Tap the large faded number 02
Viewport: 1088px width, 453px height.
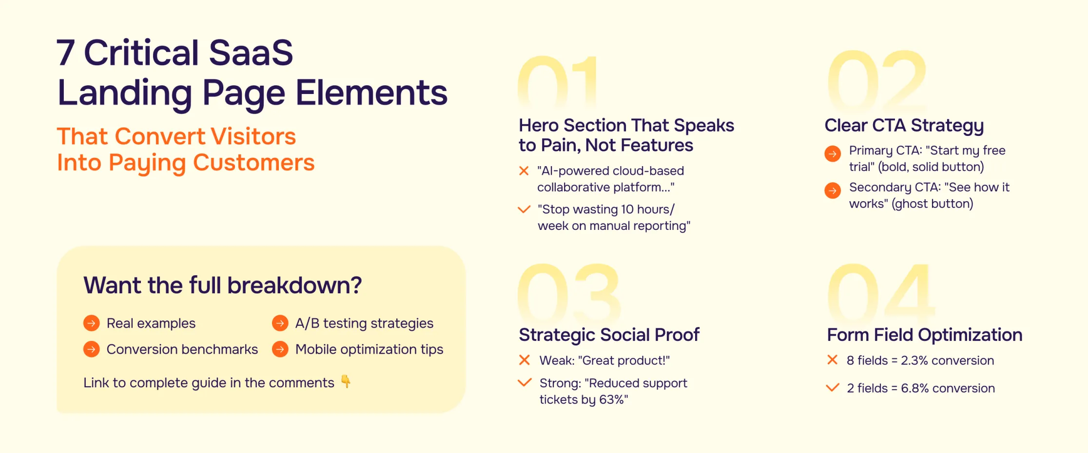[877, 80]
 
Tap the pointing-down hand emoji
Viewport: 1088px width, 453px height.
[346, 381]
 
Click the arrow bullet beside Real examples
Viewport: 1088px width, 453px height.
[91, 323]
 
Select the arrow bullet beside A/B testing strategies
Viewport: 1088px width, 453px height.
[280, 323]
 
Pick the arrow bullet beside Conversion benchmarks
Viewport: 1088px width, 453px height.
[91, 349]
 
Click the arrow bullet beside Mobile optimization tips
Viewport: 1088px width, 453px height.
[280, 349]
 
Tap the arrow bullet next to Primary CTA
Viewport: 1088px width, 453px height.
[833, 154]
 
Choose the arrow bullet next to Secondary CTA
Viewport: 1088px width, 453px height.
[833, 190]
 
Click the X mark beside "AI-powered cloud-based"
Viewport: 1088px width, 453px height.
[524, 171]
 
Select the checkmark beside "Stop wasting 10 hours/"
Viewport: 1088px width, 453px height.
[524, 209]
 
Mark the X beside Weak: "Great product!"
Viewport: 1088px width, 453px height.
[525, 360]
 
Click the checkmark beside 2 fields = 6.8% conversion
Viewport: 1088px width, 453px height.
[833, 388]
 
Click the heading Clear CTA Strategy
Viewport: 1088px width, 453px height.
[904, 126]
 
